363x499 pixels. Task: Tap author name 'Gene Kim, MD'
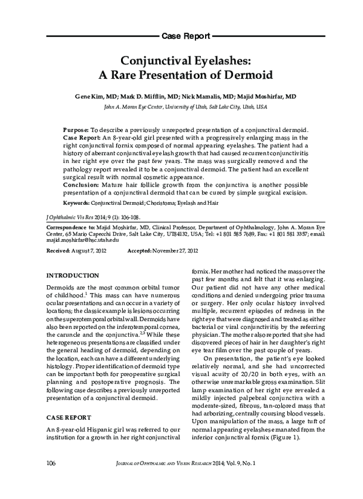(96, 96)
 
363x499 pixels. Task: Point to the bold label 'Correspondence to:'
(70, 227)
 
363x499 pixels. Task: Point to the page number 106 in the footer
(51, 480)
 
